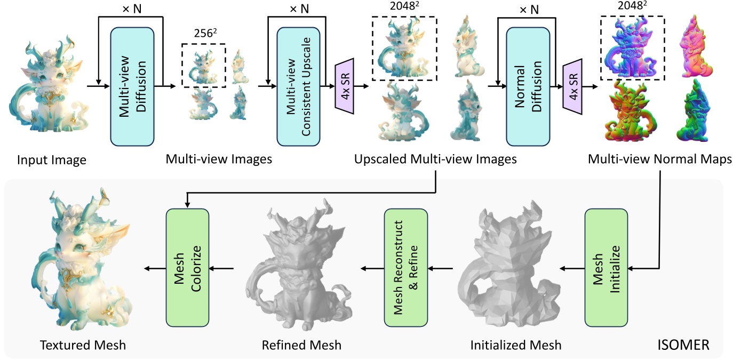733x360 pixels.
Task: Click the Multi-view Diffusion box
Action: (x=132, y=86)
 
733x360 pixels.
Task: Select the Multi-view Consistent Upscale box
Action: (x=299, y=86)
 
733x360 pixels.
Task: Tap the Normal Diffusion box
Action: (x=528, y=86)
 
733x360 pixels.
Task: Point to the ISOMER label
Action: (x=682, y=345)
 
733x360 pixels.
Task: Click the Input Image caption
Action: (x=51, y=159)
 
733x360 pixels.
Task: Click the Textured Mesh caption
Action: (x=83, y=345)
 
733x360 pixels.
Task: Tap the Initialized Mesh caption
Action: (x=516, y=345)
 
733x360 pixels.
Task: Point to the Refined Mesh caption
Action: (x=301, y=345)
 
